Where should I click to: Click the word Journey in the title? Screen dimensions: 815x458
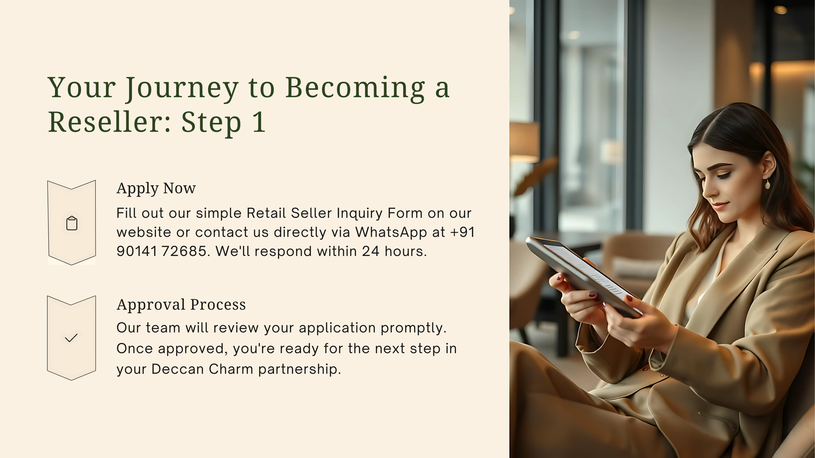(x=182, y=89)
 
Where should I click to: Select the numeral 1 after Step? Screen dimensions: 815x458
(x=259, y=122)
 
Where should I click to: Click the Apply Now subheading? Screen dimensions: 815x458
(x=156, y=188)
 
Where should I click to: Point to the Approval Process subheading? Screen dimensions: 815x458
(x=181, y=305)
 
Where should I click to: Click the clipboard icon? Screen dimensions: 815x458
(x=72, y=223)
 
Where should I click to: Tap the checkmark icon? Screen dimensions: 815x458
(x=71, y=338)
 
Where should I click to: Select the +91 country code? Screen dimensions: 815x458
(x=463, y=232)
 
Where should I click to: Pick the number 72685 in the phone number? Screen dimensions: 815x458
(x=184, y=251)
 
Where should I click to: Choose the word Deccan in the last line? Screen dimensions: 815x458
(x=178, y=369)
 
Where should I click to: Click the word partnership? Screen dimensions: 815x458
(x=300, y=369)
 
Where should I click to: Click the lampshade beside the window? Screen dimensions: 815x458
(x=524, y=142)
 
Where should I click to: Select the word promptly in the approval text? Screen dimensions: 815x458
(x=413, y=328)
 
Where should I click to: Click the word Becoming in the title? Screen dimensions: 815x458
(x=355, y=89)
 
